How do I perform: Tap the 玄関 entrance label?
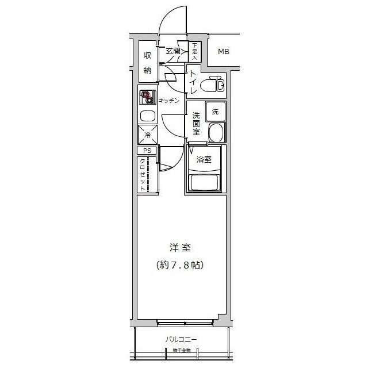tap(173, 51)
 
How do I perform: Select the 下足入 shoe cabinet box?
tap(195, 52)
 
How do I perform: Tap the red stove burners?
tap(148, 97)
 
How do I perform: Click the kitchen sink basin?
tap(147, 116)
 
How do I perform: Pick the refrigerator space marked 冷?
tap(147, 135)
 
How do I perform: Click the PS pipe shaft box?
tap(147, 151)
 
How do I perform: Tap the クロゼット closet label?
tap(143, 174)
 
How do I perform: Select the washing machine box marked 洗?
tap(215, 112)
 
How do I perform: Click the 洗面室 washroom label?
tap(196, 122)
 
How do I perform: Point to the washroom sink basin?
tap(216, 134)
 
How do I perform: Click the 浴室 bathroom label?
tap(204, 160)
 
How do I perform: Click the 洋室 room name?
tap(181, 248)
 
